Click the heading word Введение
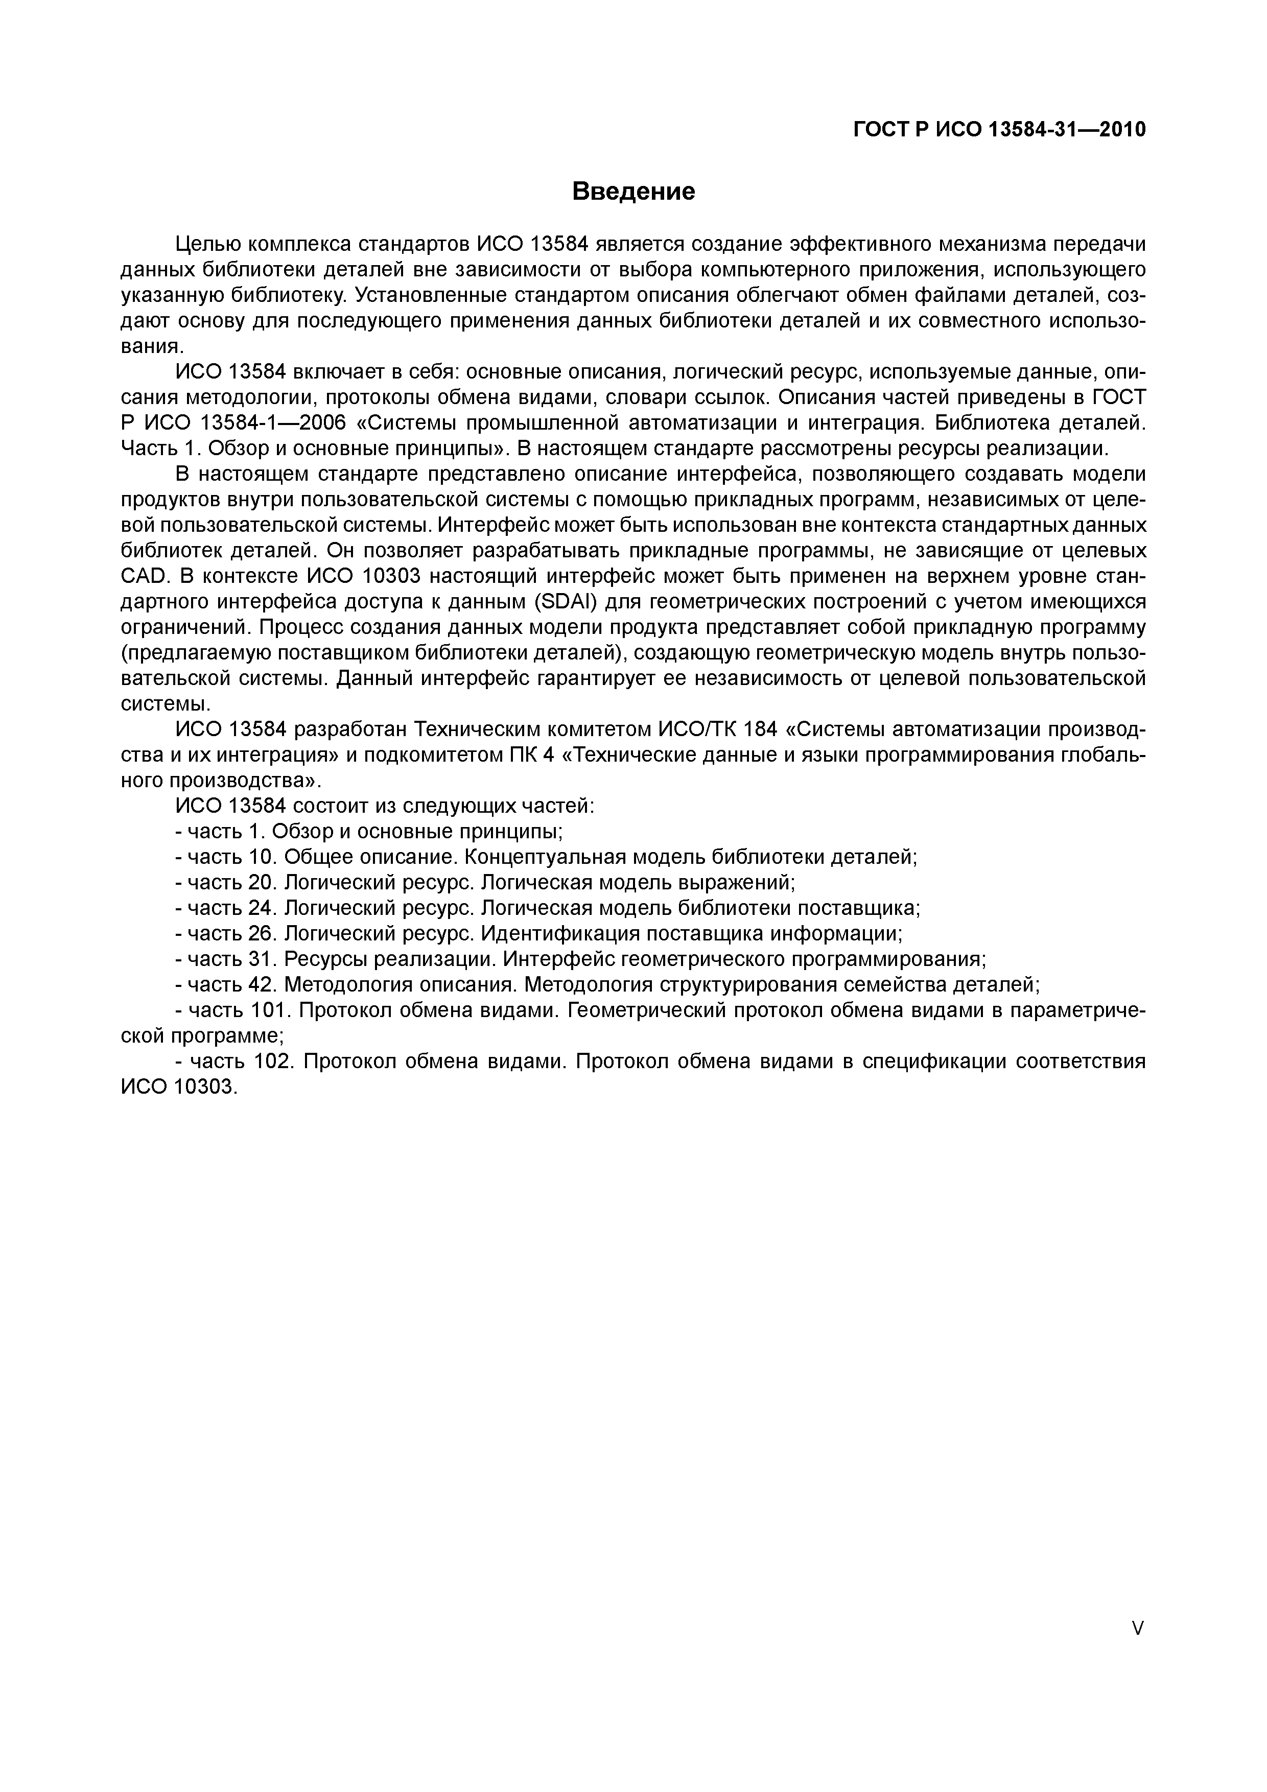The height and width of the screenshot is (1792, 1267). pyautogui.click(x=633, y=191)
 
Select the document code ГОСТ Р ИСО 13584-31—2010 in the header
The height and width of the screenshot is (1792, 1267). pyautogui.click(x=1000, y=130)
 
